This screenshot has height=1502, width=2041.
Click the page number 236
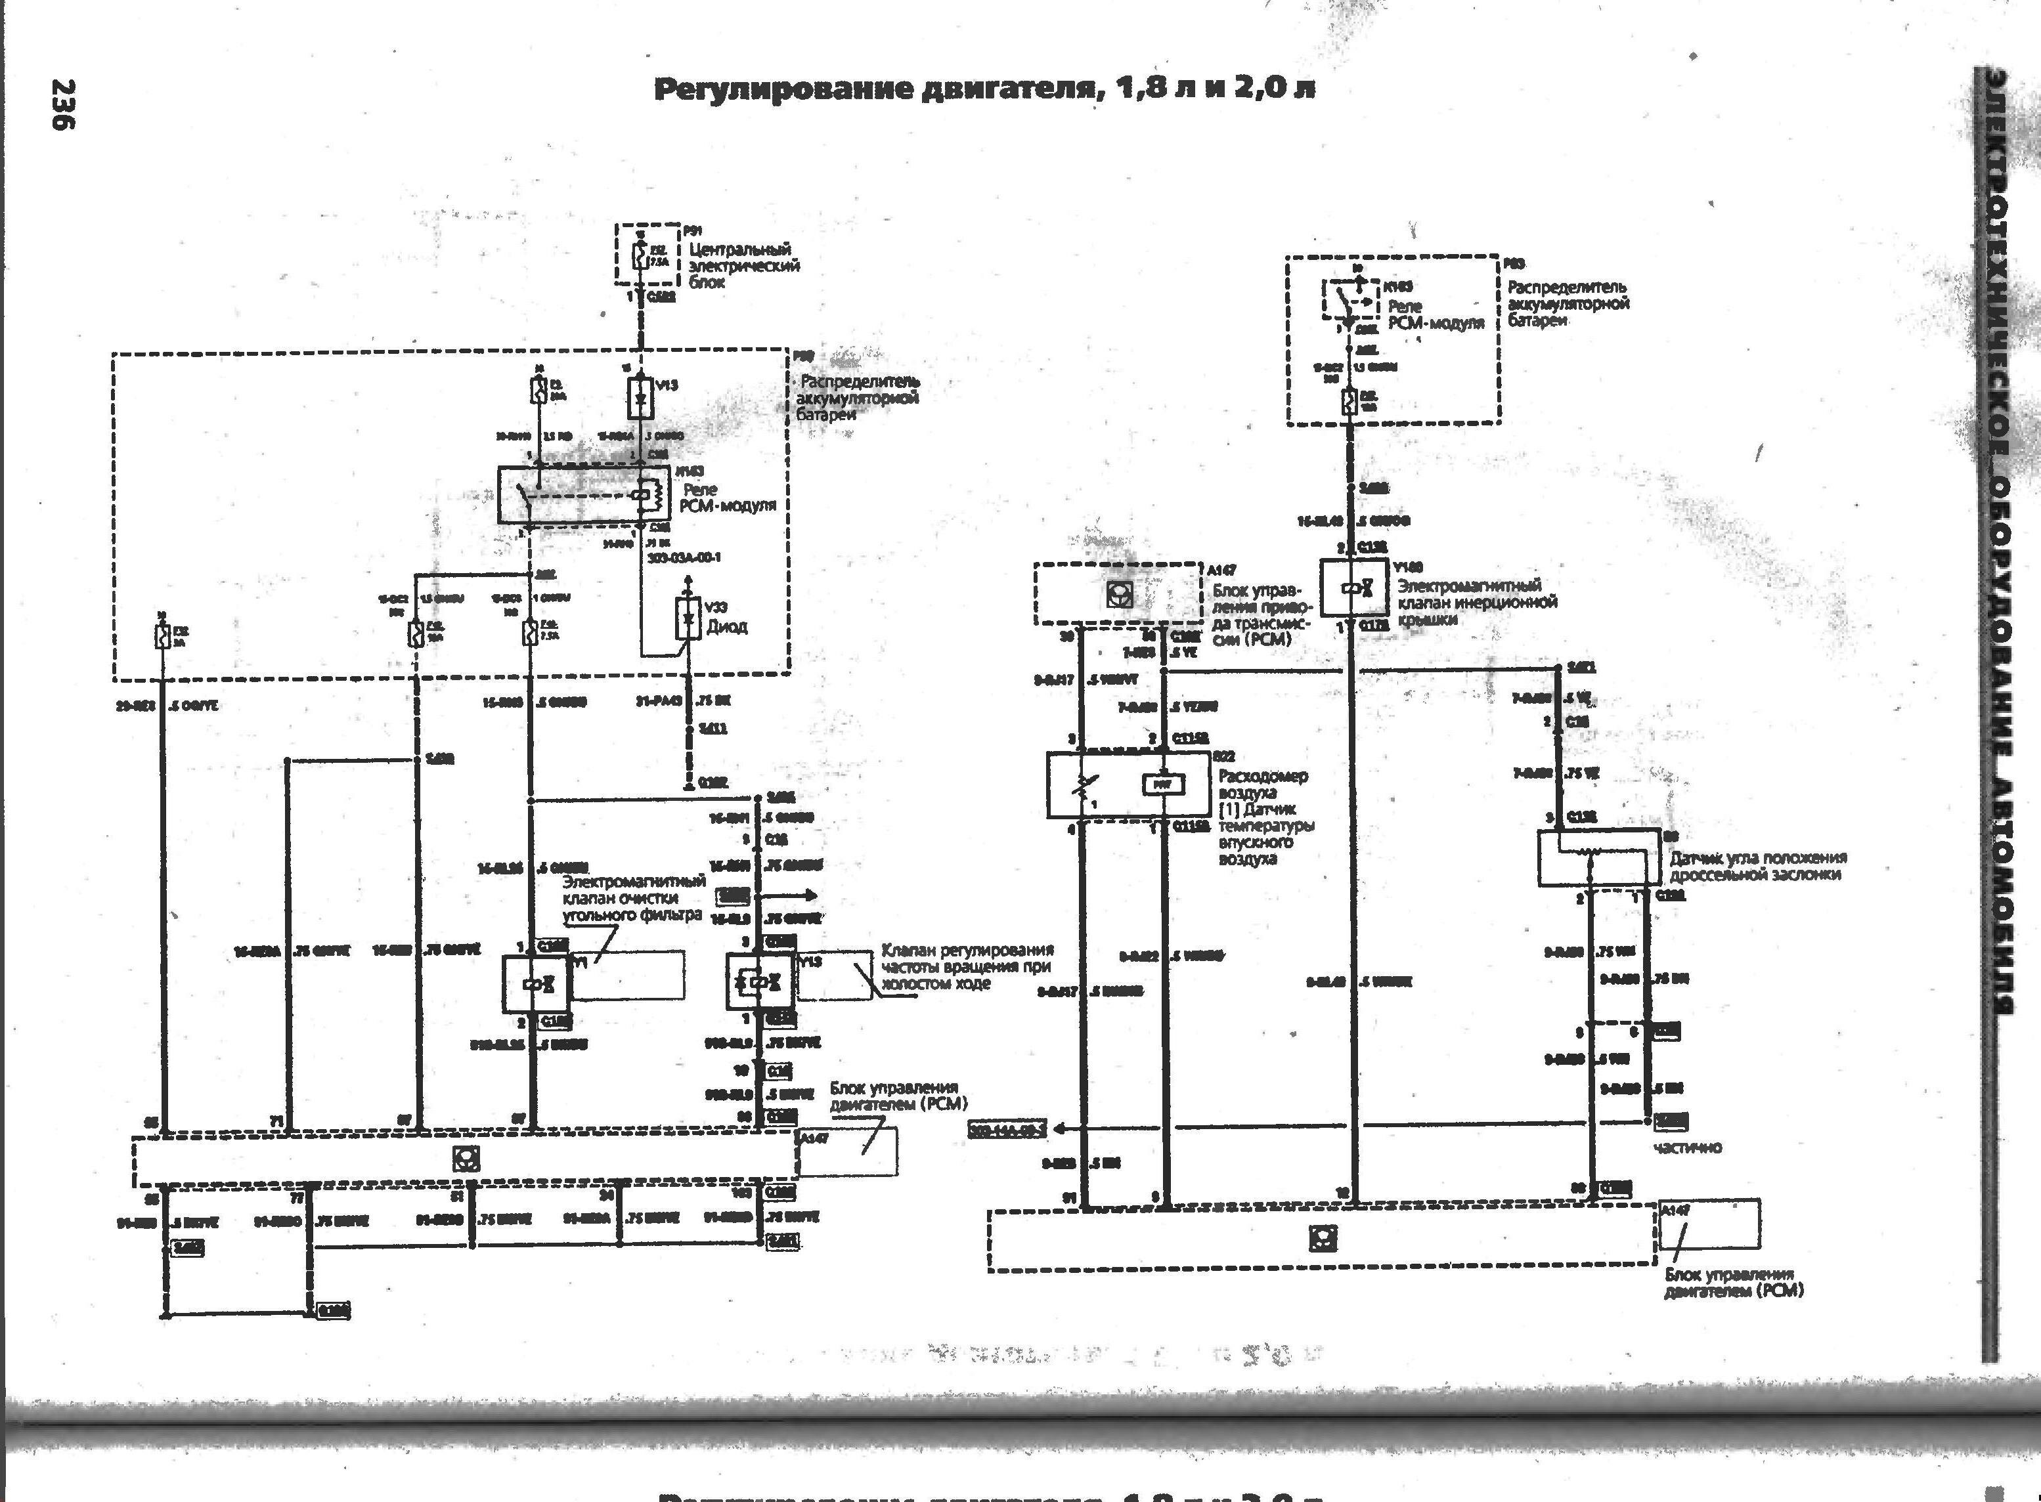pos(63,104)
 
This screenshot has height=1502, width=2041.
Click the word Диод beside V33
pos(727,626)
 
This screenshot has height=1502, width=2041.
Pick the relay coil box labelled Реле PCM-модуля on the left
pos(571,494)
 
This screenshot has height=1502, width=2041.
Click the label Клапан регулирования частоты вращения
pos(967,966)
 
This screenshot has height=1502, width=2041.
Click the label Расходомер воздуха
pos(1262,784)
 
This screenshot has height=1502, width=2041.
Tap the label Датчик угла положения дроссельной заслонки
pos(1757,866)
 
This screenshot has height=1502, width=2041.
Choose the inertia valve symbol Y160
pos(1354,588)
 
